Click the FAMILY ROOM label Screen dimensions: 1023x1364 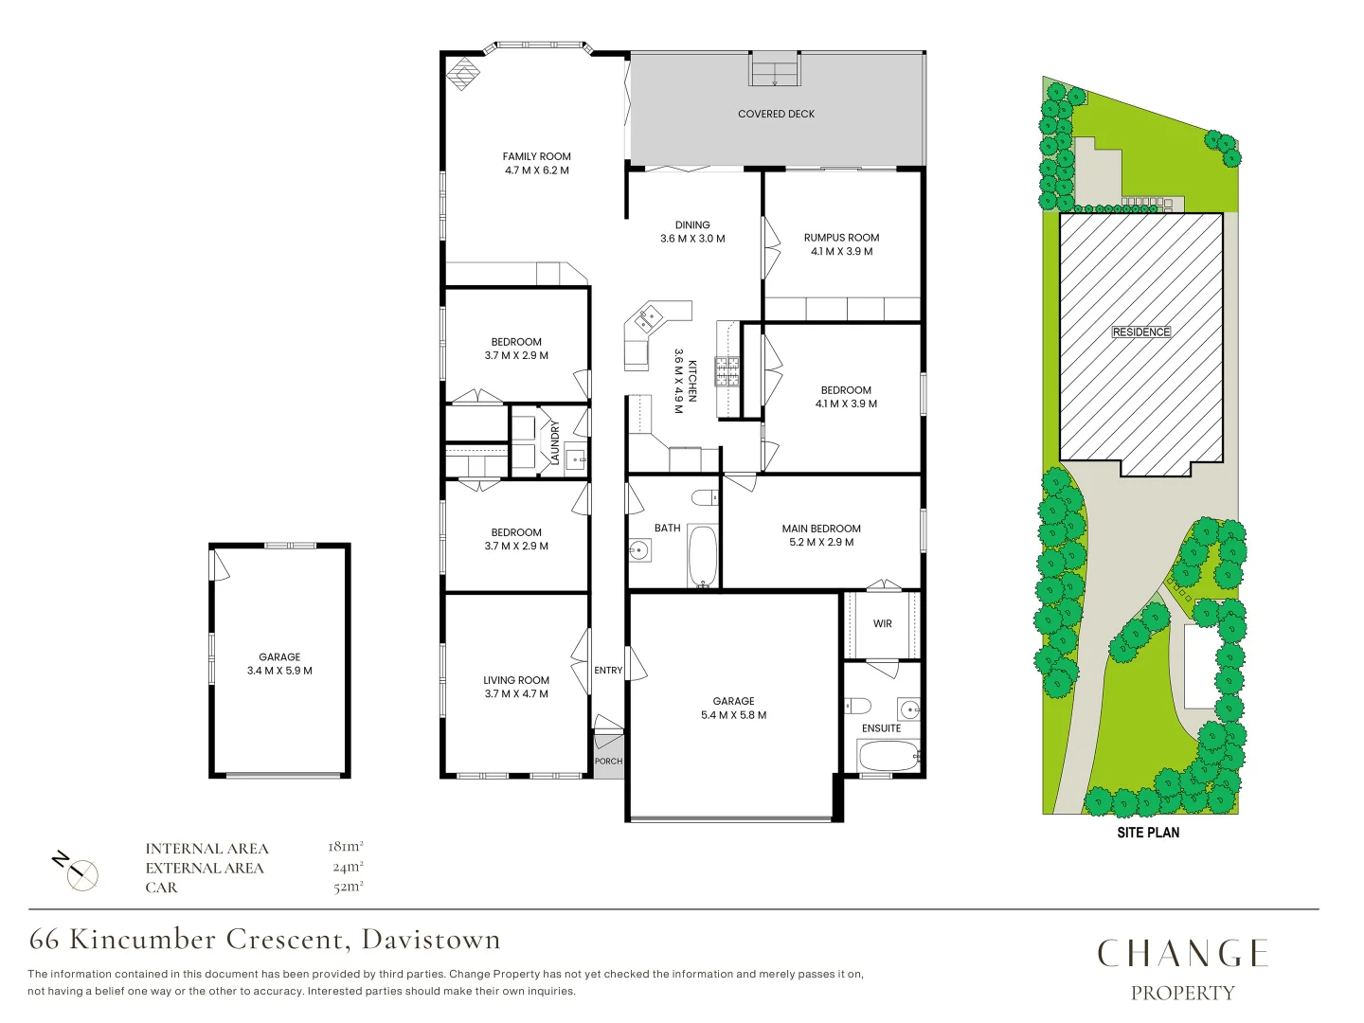tap(536, 156)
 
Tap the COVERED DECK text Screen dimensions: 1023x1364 tap(776, 114)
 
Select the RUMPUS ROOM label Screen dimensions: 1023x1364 tap(841, 238)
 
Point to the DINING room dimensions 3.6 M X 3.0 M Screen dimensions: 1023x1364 tap(692, 239)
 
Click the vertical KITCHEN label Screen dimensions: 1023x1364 tap(692, 381)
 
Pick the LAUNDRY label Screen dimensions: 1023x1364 tap(555, 443)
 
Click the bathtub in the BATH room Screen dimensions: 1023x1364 tap(702, 556)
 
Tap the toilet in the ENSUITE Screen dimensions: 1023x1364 tap(858, 706)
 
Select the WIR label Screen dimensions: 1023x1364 tap(882, 623)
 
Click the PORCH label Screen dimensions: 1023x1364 tap(608, 762)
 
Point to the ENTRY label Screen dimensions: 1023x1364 tap(608, 671)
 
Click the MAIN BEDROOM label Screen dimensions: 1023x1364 tap(821, 529)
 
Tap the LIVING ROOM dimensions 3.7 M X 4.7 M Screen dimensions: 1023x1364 tap(516, 694)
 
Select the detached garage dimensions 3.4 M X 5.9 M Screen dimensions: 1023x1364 tap(279, 671)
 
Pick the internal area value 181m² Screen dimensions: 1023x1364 tap(346, 847)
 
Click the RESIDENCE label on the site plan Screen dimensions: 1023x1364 tap(1141, 332)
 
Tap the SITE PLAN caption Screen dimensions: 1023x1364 tap(1148, 833)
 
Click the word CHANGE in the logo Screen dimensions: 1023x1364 tap(1182, 954)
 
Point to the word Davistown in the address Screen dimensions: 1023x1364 tap(431, 940)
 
